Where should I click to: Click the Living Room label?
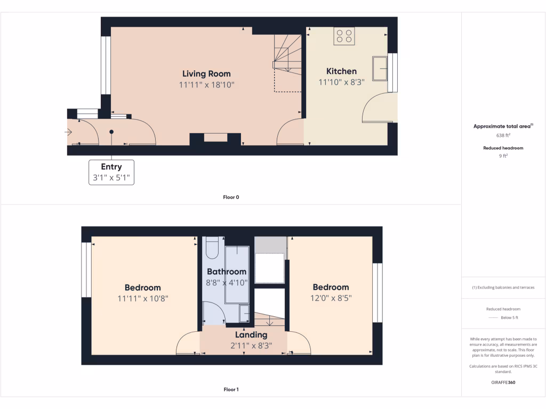pyautogui.click(x=206, y=73)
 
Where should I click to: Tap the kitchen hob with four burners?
pyautogui.click(x=344, y=36)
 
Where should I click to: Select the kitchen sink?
pyautogui.click(x=380, y=68)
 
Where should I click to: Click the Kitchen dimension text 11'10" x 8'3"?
pyautogui.click(x=341, y=82)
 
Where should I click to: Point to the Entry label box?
pyautogui.click(x=111, y=172)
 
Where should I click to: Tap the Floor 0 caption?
pyautogui.click(x=231, y=197)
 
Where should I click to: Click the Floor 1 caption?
pyautogui.click(x=231, y=389)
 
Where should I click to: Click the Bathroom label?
pyautogui.click(x=227, y=272)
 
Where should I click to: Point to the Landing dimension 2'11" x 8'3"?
pyautogui.click(x=251, y=345)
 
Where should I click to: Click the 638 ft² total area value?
pyautogui.click(x=503, y=135)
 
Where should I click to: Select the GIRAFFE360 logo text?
pyautogui.click(x=503, y=382)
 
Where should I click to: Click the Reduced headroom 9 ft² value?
pyautogui.click(x=503, y=157)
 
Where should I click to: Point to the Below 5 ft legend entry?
pyautogui.click(x=509, y=317)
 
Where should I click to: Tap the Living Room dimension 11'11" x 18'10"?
pyautogui.click(x=206, y=85)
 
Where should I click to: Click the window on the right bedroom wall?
pyautogui.click(x=378, y=292)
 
